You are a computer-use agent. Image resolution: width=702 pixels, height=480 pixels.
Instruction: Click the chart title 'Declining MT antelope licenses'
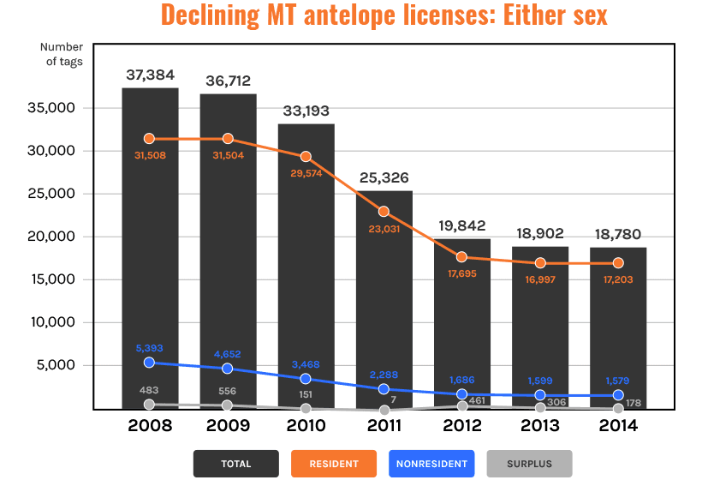pyautogui.click(x=384, y=15)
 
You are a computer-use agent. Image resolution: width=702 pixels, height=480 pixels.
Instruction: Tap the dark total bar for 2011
pyautogui.click(x=384, y=300)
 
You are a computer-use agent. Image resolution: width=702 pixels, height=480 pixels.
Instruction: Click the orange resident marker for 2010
pyautogui.click(x=306, y=157)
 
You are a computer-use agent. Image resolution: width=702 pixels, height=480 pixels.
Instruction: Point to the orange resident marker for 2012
pyautogui.click(x=462, y=257)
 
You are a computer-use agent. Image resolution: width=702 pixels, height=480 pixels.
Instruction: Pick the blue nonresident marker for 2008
pyautogui.click(x=150, y=363)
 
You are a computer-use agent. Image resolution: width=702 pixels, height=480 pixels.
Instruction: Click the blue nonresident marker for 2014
pyautogui.click(x=618, y=395)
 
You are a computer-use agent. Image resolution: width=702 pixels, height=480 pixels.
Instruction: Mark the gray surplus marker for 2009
pyautogui.click(x=228, y=405)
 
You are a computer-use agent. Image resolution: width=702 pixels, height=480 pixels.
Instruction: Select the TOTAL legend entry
pyautogui.click(x=236, y=464)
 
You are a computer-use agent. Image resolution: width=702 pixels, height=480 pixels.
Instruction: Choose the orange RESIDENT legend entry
pyautogui.click(x=334, y=464)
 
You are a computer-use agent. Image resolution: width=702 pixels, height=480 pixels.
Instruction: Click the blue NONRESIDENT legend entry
pyautogui.click(x=431, y=464)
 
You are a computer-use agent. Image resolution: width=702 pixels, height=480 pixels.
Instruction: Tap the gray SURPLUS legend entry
pyautogui.click(x=529, y=464)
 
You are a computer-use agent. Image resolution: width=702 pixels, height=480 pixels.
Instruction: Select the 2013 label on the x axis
pyautogui.click(x=540, y=425)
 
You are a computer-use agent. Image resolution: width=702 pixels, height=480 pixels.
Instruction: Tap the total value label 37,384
pyautogui.click(x=150, y=75)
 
